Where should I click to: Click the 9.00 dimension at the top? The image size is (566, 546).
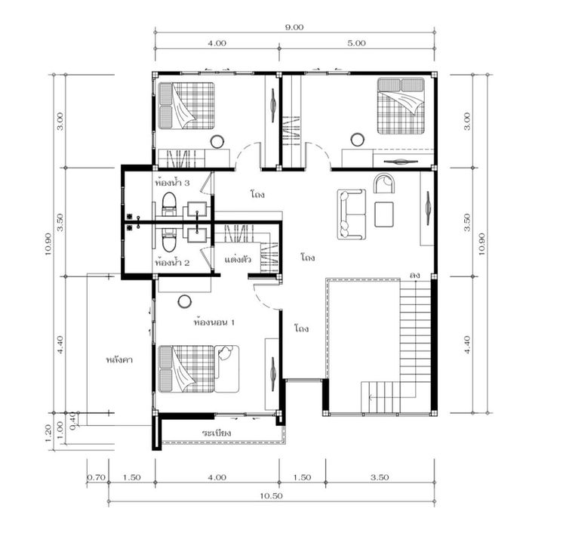(294, 27)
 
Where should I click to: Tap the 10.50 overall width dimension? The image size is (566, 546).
(271, 496)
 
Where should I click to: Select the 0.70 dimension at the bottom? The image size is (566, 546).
(97, 477)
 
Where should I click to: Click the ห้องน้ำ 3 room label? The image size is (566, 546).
(172, 183)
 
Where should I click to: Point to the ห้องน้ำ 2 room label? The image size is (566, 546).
(172, 263)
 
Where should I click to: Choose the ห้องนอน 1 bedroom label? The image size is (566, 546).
(214, 322)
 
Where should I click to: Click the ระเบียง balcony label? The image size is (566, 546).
(217, 432)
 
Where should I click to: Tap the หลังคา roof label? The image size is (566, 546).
(119, 359)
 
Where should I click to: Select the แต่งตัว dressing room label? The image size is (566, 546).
(238, 259)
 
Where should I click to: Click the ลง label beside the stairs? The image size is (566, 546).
(415, 276)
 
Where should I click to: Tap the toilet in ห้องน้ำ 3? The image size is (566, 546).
(169, 204)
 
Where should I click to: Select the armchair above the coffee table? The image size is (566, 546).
(384, 184)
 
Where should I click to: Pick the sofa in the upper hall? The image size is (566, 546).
(351, 214)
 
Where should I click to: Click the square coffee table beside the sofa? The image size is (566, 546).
(384, 214)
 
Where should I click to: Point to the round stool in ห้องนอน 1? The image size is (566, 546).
(185, 301)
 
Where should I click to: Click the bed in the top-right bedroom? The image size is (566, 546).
(401, 106)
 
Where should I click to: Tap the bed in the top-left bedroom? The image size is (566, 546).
(186, 106)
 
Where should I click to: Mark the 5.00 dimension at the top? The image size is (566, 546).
(357, 43)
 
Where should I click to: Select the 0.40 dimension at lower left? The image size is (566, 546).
(72, 421)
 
